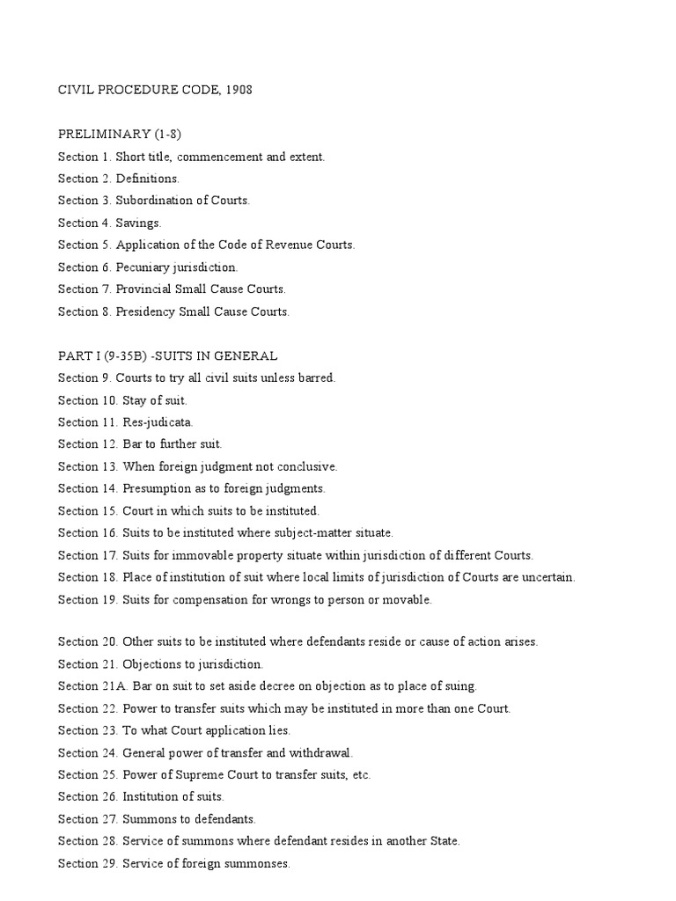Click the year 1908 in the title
point(238,91)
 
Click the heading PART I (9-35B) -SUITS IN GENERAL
point(167,355)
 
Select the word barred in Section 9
point(317,377)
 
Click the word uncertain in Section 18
point(547,577)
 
